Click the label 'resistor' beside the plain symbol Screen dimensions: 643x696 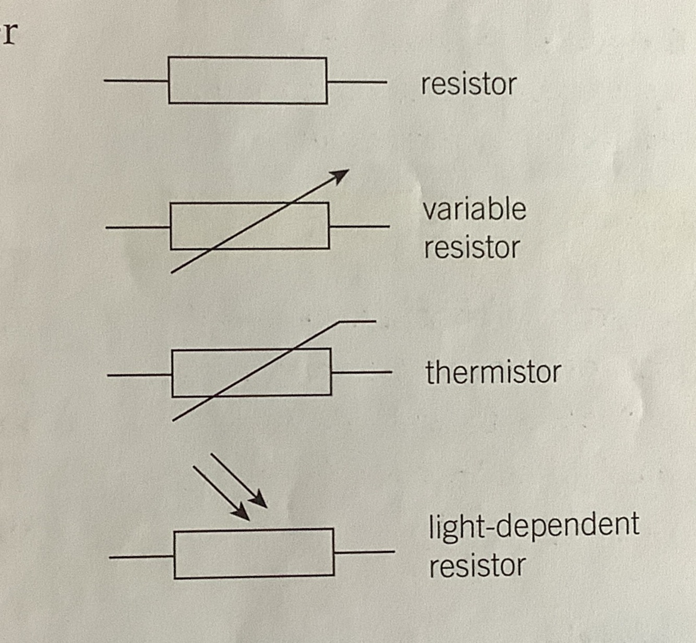468,84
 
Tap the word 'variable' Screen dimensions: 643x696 474,209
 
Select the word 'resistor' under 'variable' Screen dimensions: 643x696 472,247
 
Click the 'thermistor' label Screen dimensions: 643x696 493,372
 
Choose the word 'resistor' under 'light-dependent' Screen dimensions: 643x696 477,565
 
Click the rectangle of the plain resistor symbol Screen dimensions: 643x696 248,80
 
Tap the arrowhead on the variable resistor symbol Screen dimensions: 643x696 340,175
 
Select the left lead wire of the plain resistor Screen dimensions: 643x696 136,81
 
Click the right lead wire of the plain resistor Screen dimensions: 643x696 357,82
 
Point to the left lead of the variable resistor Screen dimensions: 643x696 138,227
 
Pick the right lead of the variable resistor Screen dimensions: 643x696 359,226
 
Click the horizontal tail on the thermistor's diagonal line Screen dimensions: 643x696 358,321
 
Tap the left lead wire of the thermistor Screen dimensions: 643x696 139,374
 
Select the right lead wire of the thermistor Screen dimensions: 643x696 361,372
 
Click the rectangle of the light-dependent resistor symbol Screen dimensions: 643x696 254,553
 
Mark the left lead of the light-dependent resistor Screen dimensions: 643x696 141,557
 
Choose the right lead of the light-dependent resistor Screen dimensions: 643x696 364,552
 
